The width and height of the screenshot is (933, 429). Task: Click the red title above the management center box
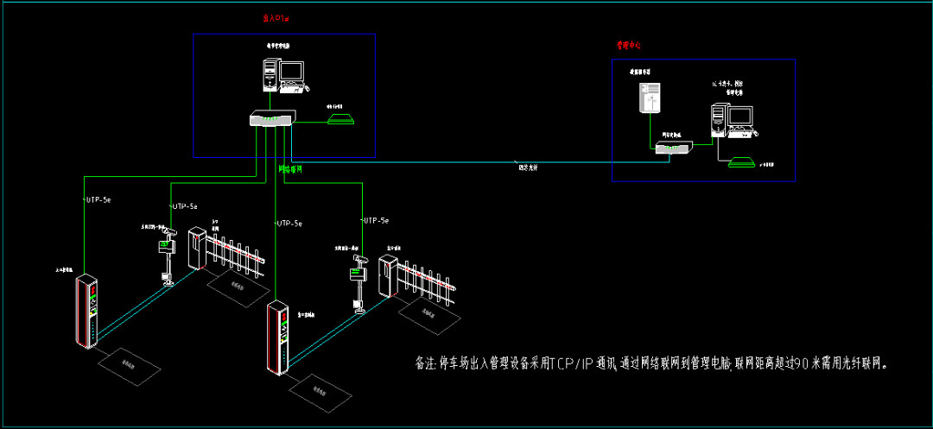[628, 44]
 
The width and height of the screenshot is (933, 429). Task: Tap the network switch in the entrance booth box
[273, 119]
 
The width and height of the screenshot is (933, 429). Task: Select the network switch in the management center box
[671, 148]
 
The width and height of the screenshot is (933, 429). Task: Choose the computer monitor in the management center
[740, 117]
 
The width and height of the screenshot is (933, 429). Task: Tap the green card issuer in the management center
[741, 161]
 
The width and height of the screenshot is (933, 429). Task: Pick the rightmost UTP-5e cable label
[376, 221]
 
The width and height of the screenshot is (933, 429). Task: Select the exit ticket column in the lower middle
[277, 337]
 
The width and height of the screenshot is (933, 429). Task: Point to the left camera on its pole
[168, 233]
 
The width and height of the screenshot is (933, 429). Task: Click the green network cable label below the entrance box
[290, 169]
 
